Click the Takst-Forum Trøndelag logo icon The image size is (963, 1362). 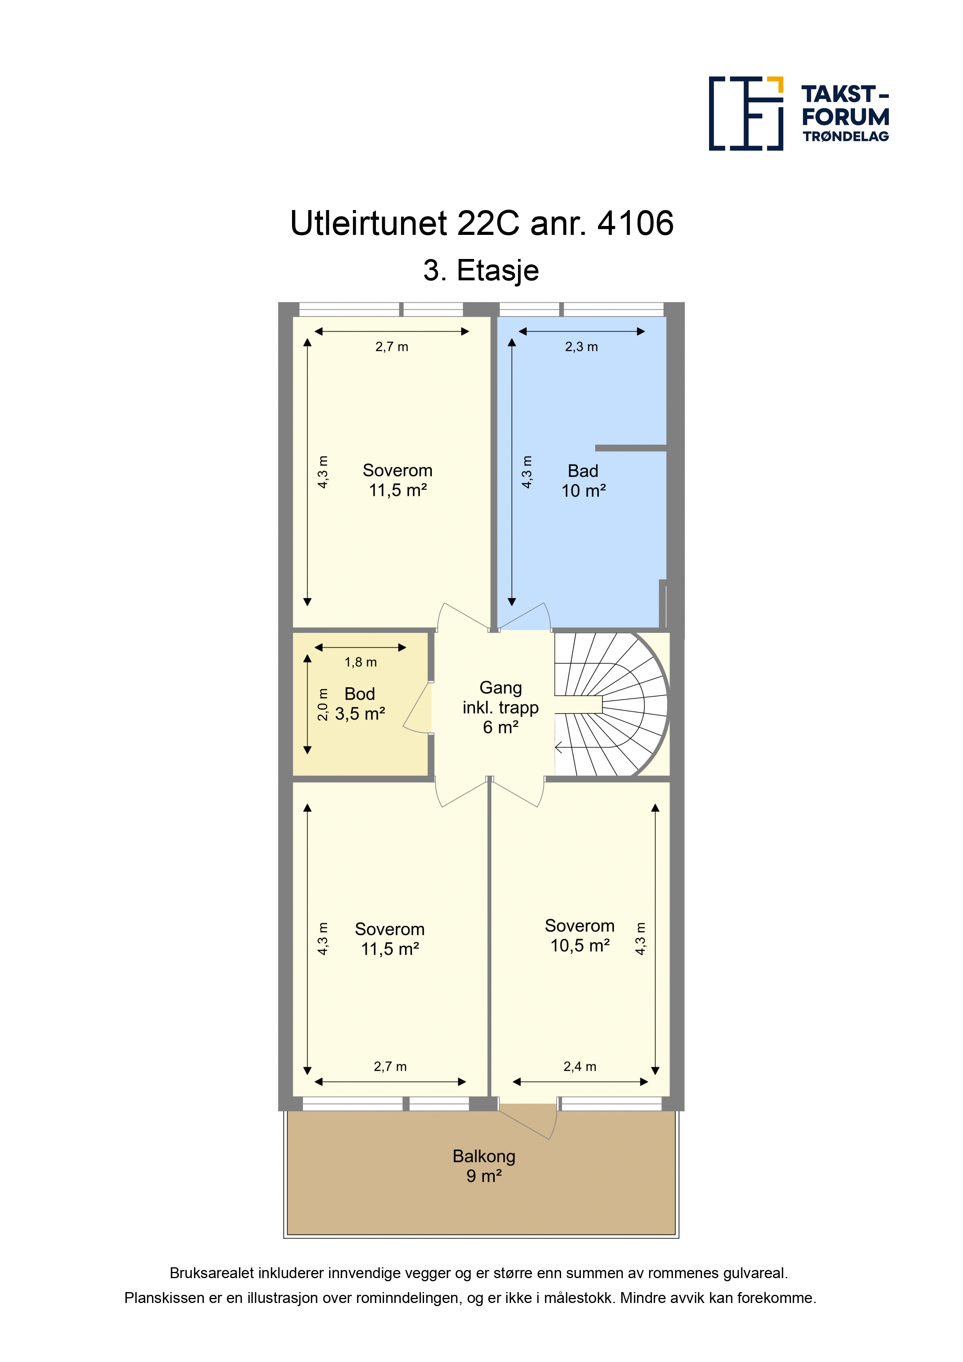(746, 113)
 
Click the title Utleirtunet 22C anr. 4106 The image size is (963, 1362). (482, 224)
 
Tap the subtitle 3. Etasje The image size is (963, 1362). (481, 271)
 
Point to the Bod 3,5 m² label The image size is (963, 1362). (360, 704)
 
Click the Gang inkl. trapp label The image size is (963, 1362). (501, 707)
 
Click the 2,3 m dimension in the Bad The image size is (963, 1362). (581, 347)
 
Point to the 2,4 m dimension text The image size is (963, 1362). (580, 1067)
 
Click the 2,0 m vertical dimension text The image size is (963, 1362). (323, 704)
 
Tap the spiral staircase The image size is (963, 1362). (611, 704)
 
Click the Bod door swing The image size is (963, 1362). (417, 708)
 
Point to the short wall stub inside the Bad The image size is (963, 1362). (631, 448)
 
